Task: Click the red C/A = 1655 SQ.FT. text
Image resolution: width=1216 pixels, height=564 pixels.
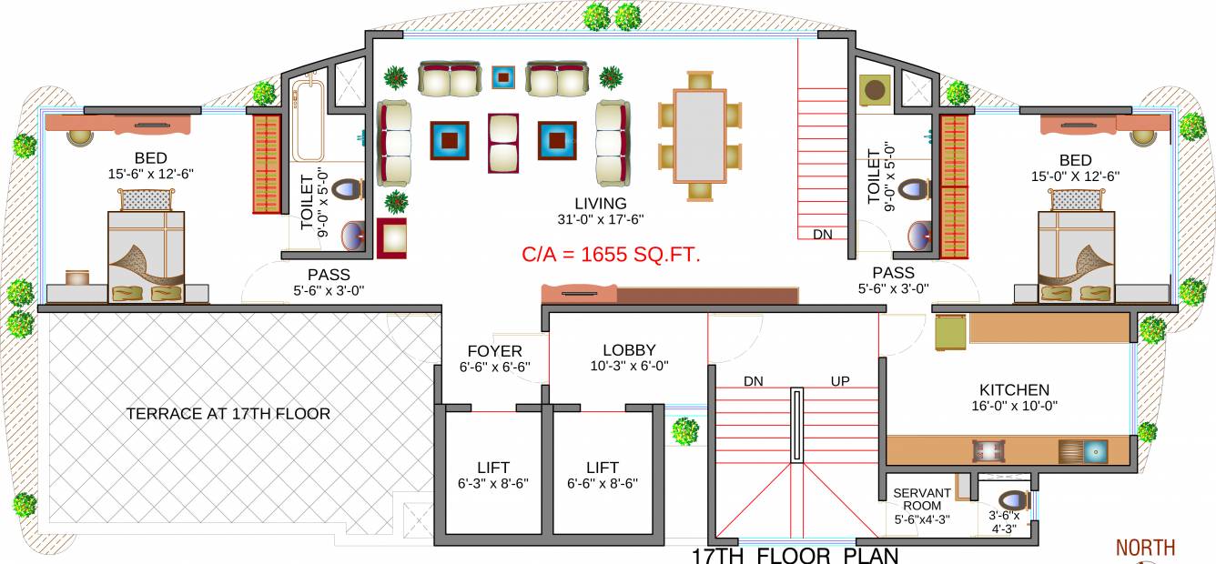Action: point(611,256)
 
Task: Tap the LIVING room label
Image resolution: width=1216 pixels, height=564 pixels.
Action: point(600,203)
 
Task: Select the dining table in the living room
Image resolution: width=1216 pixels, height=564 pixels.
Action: point(699,135)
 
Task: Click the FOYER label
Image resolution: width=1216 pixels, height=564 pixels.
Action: point(494,351)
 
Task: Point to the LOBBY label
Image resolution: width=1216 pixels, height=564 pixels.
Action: point(629,350)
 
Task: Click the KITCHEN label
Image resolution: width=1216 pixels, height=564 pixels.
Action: point(1015,389)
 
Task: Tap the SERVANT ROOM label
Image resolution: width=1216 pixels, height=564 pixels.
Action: point(921,499)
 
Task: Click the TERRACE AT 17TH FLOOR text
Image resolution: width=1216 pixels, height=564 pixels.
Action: point(228,414)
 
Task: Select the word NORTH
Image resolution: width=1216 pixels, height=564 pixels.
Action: point(1146,548)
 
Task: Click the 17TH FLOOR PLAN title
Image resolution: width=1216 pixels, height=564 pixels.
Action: point(795,555)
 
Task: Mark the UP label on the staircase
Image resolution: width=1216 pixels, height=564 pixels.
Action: point(839,381)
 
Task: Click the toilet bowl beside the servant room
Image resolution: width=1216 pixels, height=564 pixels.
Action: point(1011,500)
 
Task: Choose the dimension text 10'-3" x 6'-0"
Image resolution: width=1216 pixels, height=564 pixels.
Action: point(629,366)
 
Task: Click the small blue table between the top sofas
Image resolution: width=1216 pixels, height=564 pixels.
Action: point(502,77)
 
